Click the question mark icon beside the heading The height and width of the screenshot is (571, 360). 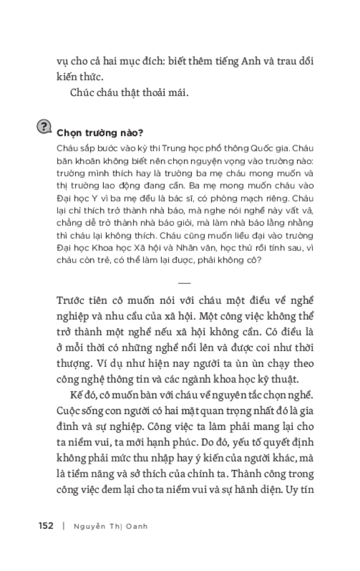44,127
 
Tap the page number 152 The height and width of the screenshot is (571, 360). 46,526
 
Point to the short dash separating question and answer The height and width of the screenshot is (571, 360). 184,282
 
